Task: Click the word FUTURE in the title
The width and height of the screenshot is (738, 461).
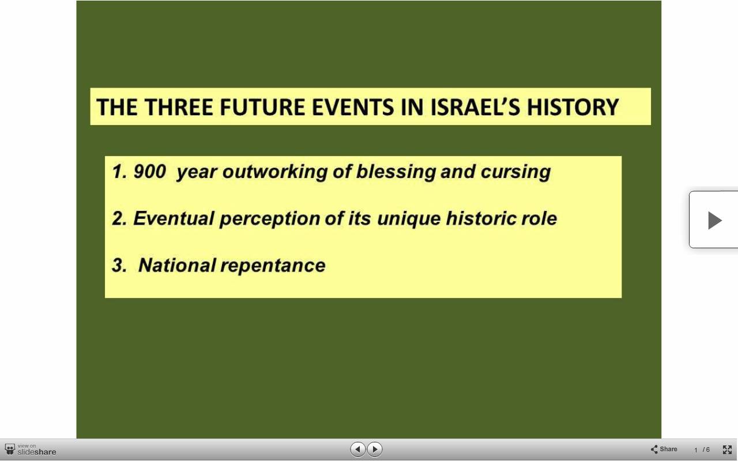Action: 262,107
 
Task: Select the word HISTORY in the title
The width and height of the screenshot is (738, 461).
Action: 573,107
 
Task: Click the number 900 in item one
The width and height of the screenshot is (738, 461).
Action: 149,171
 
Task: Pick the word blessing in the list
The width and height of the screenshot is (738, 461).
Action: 396,172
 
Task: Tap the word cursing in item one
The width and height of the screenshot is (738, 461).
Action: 515,172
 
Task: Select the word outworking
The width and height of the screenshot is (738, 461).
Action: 275,172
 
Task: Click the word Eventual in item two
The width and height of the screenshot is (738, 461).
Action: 174,218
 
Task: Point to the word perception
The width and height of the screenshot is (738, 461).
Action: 270,219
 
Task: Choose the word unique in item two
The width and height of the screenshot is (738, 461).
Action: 409,219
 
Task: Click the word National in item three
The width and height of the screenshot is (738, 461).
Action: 177,265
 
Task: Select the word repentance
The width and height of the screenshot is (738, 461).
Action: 273,266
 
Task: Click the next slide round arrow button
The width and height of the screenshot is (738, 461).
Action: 374,449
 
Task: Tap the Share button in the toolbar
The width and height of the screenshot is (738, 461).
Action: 664,449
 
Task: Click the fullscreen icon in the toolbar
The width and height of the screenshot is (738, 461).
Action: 727,449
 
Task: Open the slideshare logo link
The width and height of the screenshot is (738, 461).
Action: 31,449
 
